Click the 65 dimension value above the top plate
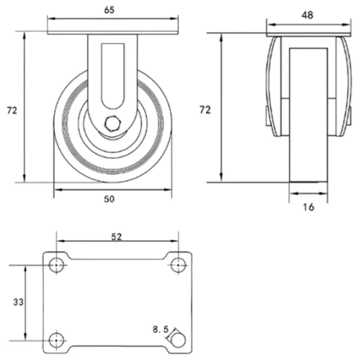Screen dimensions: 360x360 109,10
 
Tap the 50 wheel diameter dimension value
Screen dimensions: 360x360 109,199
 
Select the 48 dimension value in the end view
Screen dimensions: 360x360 307,15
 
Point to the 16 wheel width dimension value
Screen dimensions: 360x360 308,207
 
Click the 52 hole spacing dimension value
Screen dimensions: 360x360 116,237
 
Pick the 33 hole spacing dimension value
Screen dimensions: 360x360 18,302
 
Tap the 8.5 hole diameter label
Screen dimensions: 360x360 161,329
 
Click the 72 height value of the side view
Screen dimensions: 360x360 12,110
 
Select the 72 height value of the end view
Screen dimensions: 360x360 205,110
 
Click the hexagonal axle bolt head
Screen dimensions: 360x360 113,124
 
